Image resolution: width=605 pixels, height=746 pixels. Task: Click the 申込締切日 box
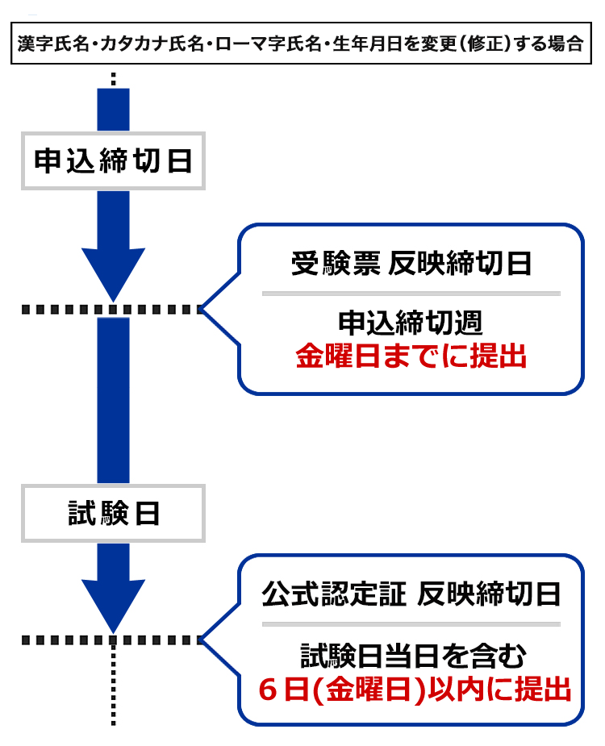tap(113, 161)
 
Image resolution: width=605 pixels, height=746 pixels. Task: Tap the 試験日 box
tap(113, 513)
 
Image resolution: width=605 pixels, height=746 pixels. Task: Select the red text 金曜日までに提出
tap(411, 356)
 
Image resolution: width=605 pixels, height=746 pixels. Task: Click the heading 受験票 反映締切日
tap(411, 264)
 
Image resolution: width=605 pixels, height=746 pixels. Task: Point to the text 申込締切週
tap(411, 323)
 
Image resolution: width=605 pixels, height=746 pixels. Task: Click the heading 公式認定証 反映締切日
tap(411, 596)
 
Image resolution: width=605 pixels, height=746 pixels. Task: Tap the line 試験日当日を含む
tap(411, 654)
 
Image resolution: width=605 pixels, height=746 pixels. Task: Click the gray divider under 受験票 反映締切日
tap(411, 293)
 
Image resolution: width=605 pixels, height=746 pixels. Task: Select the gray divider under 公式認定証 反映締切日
tap(411, 624)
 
